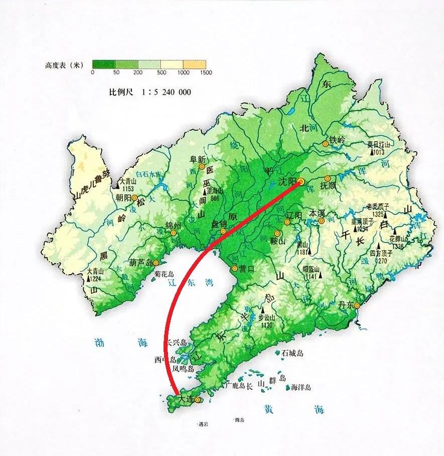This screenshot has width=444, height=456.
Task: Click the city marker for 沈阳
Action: click(301, 181)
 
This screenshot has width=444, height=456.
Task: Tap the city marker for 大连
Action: click(198, 400)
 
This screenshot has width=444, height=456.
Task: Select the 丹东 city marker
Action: click(357, 305)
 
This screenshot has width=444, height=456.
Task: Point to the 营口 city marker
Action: click(234, 269)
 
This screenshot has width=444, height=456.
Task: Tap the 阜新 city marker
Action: click(202, 166)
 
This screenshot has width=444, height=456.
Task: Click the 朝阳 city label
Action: click(123, 197)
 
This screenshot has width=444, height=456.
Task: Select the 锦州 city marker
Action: click(174, 233)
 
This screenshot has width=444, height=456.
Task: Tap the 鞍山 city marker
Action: click(277, 234)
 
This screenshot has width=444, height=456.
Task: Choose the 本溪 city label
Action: click(318, 212)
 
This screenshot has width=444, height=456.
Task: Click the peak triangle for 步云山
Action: click(262, 311)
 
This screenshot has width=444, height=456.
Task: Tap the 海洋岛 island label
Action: click(301, 387)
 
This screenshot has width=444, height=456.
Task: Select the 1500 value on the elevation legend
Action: click(206, 72)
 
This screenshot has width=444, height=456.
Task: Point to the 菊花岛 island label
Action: click(165, 274)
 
